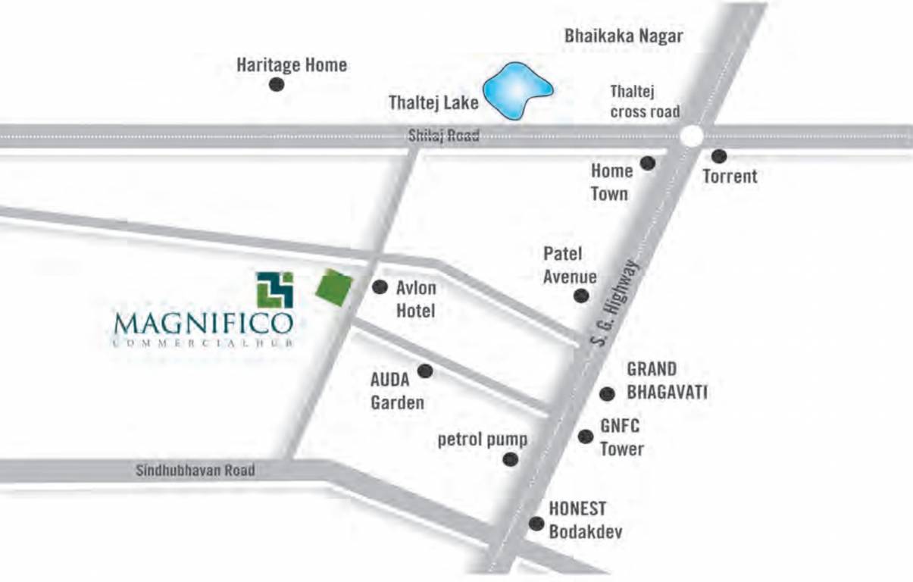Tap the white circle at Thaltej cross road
pyautogui.click(x=691, y=136)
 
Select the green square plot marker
pyautogui.click(x=333, y=288)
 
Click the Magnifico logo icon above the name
pyautogui.click(x=274, y=289)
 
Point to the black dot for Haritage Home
pyautogui.click(x=277, y=84)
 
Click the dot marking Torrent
pyautogui.click(x=719, y=156)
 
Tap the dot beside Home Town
pyautogui.click(x=648, y=163)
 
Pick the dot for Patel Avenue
pyautogui.click(x=580, y=296)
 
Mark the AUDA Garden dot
pyautogui.click(x=425, y=371)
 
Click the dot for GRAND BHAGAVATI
pyautogui.click(x=606, y=394)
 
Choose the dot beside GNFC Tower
pyautogui.click(x=585, y=436)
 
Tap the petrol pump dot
pyautogui.click(x=511, y=458)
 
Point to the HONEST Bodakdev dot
pyautogui.click(x=536, y=523)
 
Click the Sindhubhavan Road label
pyautogui.click(x=195, y=471)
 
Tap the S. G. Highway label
pyautogui.click(x=615, y=302)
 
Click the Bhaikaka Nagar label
pyautogui.click(x=624, y=36)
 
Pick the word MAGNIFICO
pyautogui.click(x=202, y=324)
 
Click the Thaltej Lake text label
pyautogui.click(x=433, y=102)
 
